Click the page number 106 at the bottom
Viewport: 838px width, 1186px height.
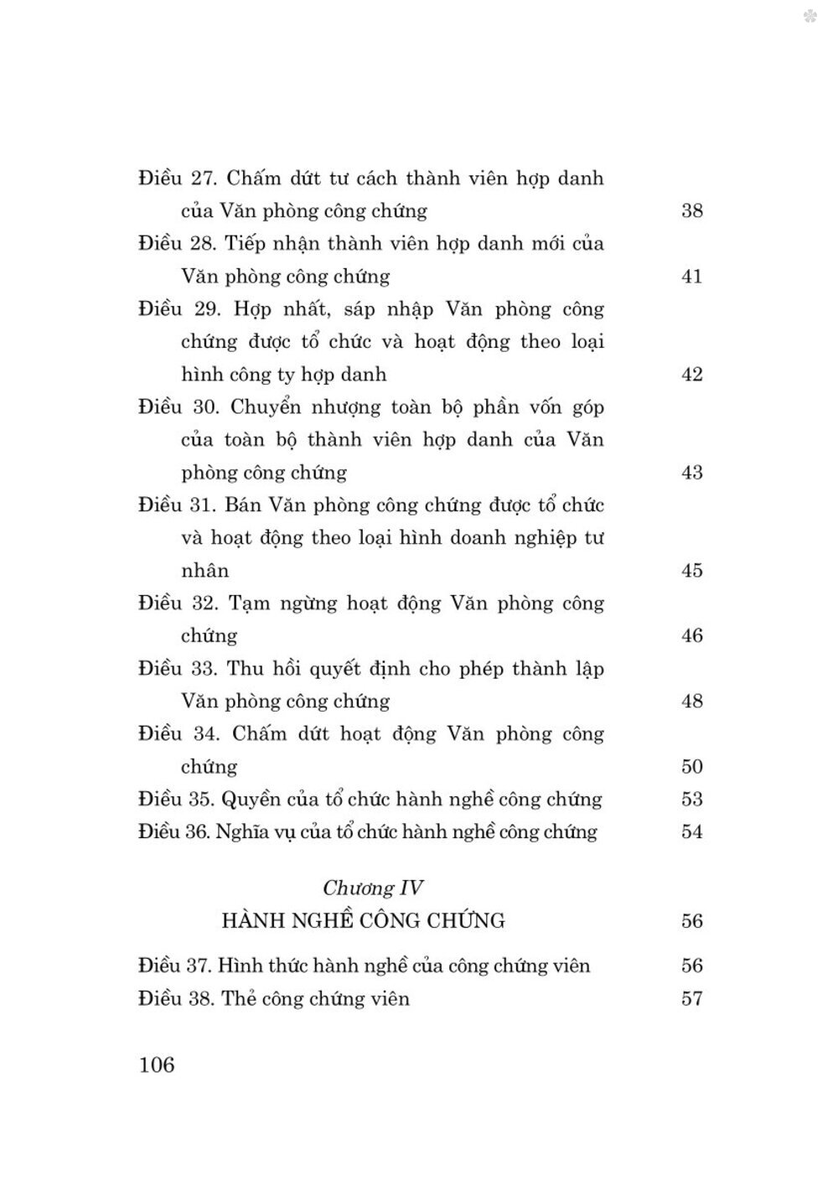157,1065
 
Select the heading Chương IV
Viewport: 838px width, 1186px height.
373,888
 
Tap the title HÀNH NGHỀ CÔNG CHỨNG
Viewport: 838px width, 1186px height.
363,920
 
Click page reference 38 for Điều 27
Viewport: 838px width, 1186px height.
691,210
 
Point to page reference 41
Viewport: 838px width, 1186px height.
691,276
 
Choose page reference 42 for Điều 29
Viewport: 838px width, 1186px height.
691,374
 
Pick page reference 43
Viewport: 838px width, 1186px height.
691,472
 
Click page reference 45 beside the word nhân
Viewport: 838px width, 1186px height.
691,570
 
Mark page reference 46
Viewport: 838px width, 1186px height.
691,635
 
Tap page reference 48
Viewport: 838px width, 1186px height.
691,701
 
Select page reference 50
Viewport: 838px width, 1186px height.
691,766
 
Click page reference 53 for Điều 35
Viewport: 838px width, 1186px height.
691,799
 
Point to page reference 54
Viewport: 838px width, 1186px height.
691,831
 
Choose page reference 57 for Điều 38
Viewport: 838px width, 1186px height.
691,998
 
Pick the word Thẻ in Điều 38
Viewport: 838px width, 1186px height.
238,998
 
